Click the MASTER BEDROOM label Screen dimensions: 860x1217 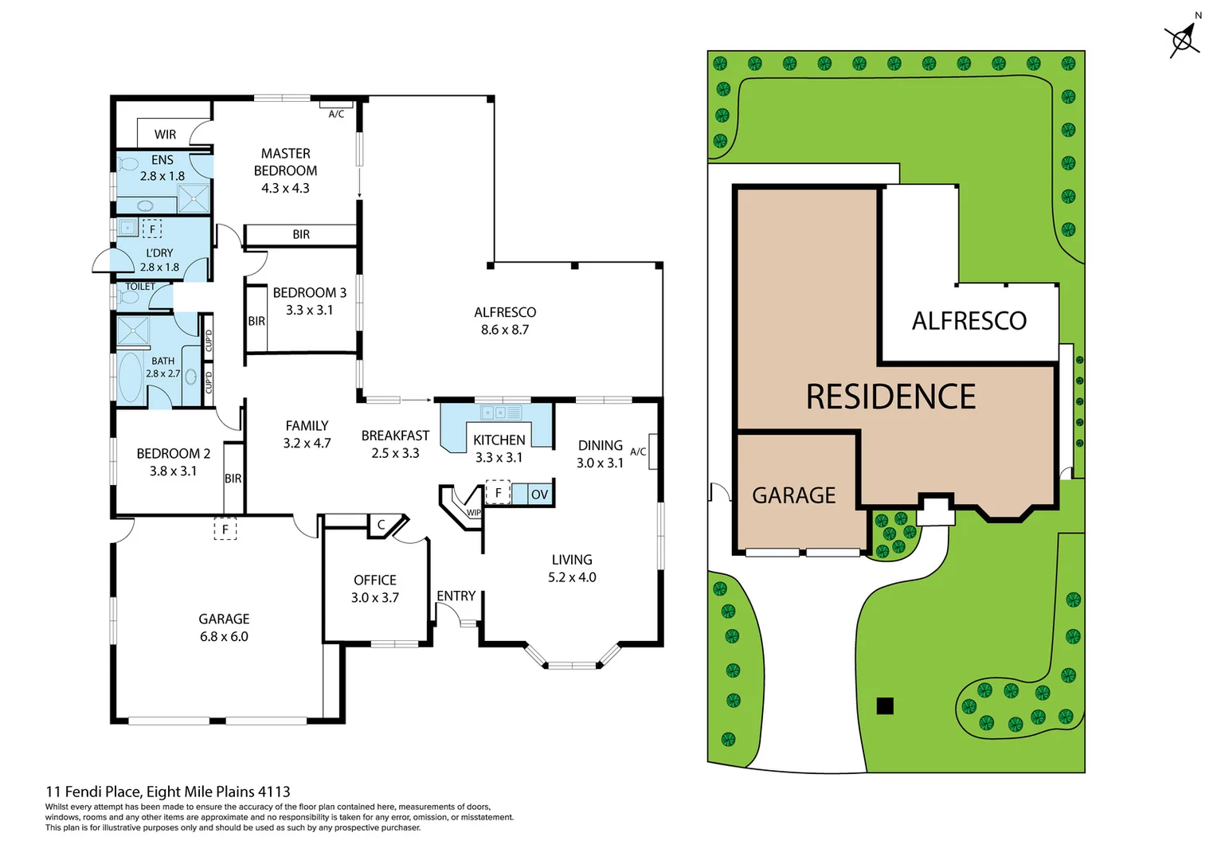click(x=285, y=162)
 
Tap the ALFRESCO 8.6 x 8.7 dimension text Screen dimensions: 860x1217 click(x=505, y=330)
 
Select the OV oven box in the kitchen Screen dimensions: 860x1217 click(x=539, y=494)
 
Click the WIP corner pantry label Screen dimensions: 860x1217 click(x=473, y=513)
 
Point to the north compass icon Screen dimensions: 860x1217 click(x=1183, y=38)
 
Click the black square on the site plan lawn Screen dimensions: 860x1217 click(x=885, y=706)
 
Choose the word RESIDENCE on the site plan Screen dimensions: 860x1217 click(x=890, y=397)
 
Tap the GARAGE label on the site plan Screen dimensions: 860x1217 click(x=793, y=495)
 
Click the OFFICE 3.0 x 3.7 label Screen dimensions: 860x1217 click(x=375, y=588)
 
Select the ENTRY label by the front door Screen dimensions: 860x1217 click(x=456, y=596)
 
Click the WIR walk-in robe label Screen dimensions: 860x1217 click(x=165, y=135)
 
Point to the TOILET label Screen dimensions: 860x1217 click(x=140, y=287)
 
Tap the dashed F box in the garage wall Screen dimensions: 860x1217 click(x=225, y=529)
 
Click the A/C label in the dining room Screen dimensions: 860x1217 click(x=638, y=451)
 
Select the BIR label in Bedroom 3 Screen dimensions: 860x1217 click(x=256, y=321)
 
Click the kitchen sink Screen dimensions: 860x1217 click(x=500, y=412)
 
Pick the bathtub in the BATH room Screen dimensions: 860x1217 click(x=130, y=377)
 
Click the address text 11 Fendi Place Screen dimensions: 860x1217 click(x=94, y=792)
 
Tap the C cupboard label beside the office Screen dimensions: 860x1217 click(x=381, y=525)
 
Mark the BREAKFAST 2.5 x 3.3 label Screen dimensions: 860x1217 click(x=395, y=444)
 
